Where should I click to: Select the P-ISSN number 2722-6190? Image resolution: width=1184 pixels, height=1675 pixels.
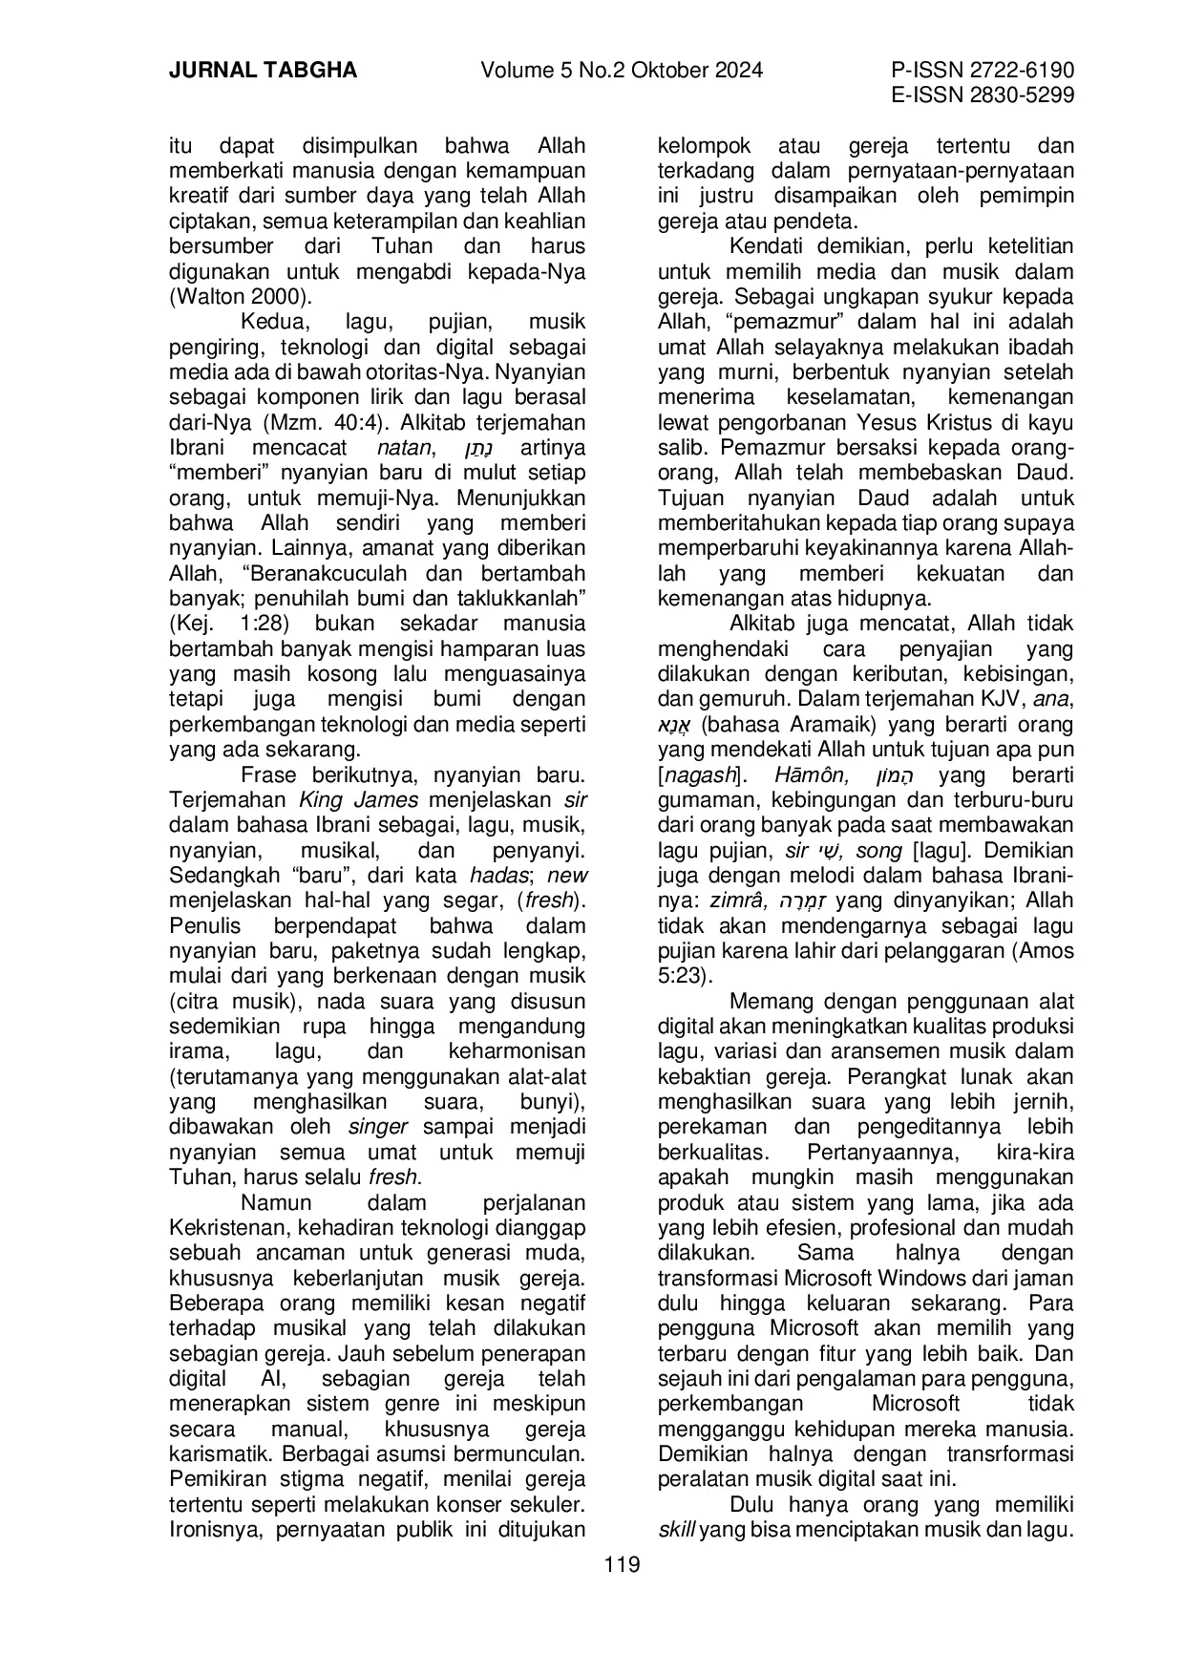(x=1014, y=71)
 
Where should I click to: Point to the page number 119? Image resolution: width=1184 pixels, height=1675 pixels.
(x=622, y=1565)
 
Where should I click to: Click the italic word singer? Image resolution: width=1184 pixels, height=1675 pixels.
(x=378, y=1127)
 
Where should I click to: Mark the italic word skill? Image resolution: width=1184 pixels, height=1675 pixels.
(x=677, y=1530)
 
